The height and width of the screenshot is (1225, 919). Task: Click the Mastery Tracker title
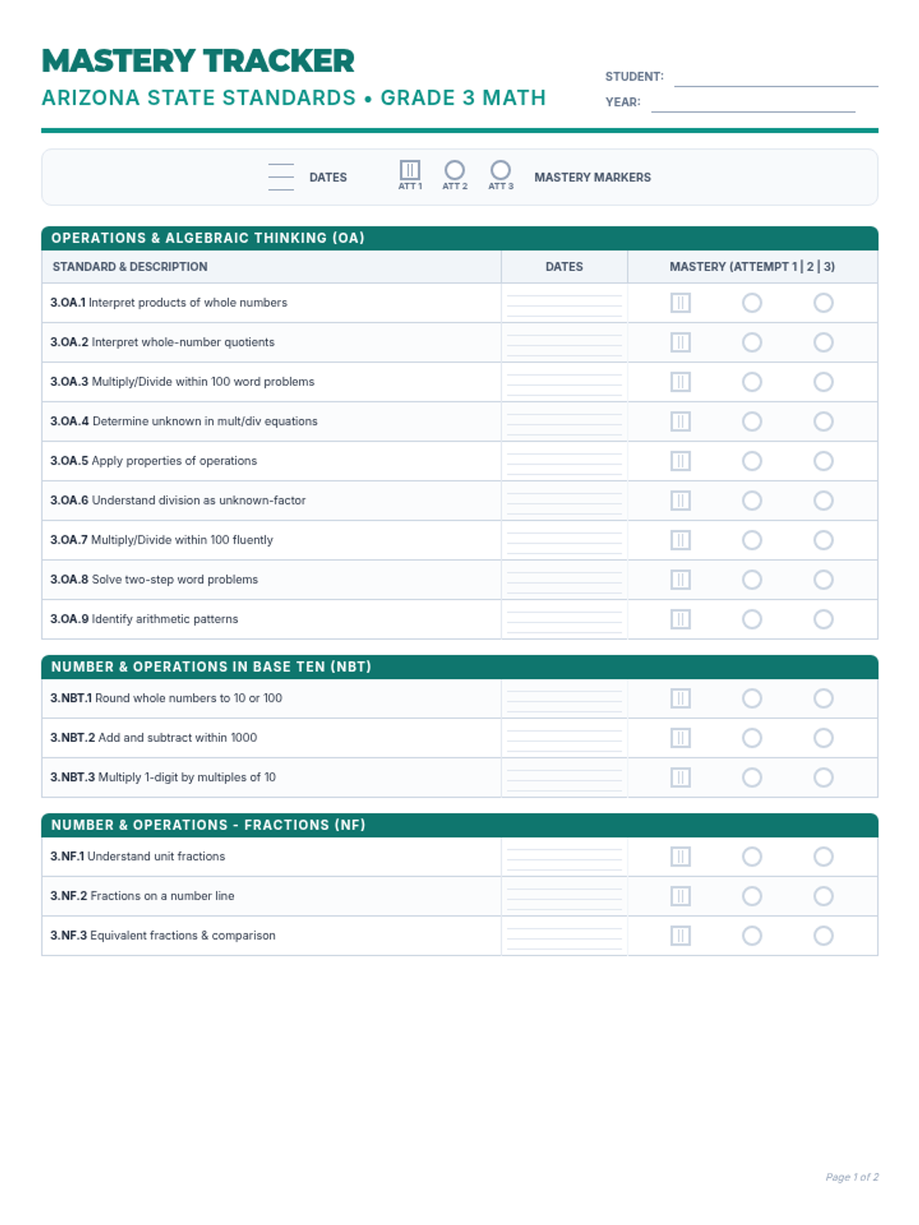coord(198,61)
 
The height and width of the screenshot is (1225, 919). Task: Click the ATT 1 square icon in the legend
coord(410,170)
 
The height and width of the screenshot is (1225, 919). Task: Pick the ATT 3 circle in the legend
coord(500,170)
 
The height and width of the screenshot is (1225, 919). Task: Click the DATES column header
coord(564,266)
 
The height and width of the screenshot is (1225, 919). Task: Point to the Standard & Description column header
coord(130,266)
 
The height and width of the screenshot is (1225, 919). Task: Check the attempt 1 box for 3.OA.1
coord(680,303)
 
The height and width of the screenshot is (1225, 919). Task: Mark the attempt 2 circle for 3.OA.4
coord(752,422)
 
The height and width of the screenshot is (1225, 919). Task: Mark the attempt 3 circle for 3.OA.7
coord(823,541)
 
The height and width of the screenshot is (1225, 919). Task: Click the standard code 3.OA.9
coord(70,619)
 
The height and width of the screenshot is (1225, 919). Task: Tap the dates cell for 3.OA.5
coord(564,461)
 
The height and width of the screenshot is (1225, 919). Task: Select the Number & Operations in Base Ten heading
coord(211,667)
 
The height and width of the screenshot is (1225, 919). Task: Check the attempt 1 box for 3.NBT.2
coord(680,738)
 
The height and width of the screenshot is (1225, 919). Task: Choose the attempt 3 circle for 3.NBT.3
coord(823,778)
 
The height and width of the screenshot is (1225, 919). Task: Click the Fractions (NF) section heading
coord(208,825)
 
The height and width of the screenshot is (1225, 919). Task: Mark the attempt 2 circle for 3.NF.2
coord(752,897)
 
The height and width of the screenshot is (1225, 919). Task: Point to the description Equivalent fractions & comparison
coord(182,936)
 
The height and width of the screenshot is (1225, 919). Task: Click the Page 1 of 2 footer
coord(852,1177)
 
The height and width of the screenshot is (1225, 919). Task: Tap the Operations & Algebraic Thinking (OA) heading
coord(208,238)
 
